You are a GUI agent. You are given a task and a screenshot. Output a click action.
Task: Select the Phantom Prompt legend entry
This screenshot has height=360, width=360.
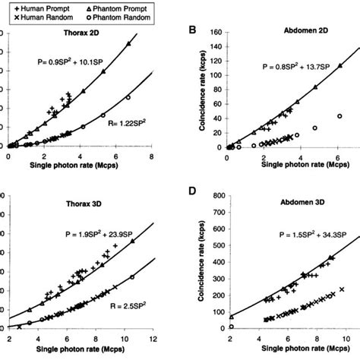click(108, 5)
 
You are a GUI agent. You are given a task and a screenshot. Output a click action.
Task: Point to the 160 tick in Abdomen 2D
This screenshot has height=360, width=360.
click(216, 33)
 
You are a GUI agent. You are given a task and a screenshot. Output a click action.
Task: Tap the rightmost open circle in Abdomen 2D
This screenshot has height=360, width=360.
click(339, 116)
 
